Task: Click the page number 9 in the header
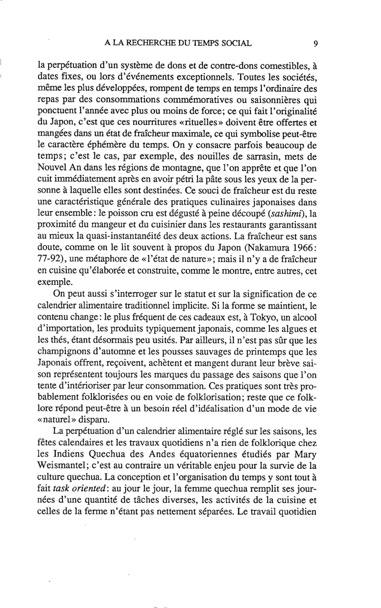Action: point(316,44)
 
